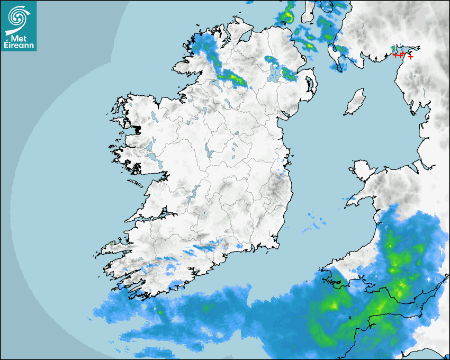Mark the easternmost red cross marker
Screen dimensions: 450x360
411,57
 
